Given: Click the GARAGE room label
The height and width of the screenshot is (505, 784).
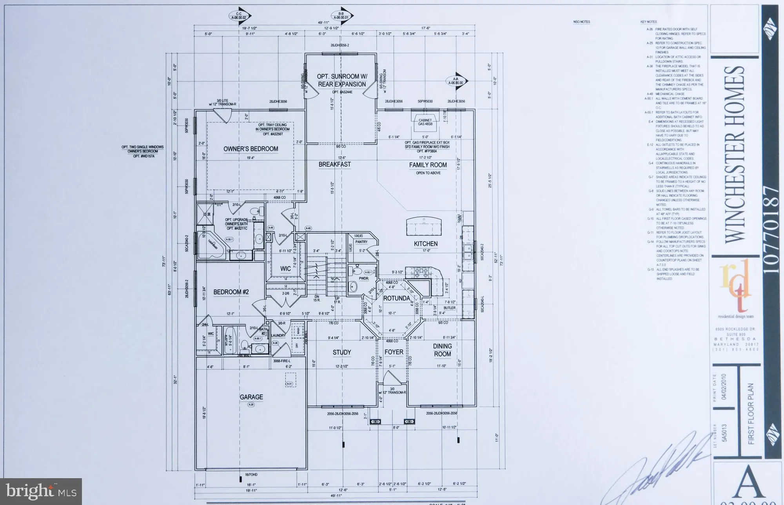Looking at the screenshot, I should (x=251, y=397).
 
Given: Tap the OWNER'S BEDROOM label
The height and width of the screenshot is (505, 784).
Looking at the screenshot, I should (x=251, y=149).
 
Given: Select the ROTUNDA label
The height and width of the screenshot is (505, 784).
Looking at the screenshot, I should (x=396, y=298).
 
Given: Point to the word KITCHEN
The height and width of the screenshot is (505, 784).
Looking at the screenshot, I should (x=426, y=244).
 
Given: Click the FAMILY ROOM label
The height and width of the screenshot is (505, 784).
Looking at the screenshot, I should (x=428, y=165).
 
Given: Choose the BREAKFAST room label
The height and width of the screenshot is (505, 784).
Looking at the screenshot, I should (x=334, y=164).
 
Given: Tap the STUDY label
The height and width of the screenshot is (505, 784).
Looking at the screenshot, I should (x=342, y=352).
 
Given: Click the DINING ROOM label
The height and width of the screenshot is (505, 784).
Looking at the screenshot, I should (x=442, y=350).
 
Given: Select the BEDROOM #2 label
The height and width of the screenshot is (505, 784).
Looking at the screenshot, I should (x=231, y=292).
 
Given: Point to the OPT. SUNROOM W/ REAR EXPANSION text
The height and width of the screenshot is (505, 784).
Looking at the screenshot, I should (x=341, y=80).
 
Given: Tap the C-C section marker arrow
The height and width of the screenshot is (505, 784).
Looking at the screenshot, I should (x=240, y=16).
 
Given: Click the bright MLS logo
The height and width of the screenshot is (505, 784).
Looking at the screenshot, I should (x=41, y=491).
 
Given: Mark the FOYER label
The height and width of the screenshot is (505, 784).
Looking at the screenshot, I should (x=394, y=352).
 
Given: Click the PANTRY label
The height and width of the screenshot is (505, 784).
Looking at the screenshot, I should (x=361, y=242).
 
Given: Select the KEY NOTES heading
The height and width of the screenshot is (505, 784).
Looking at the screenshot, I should (x=648, y=22).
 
